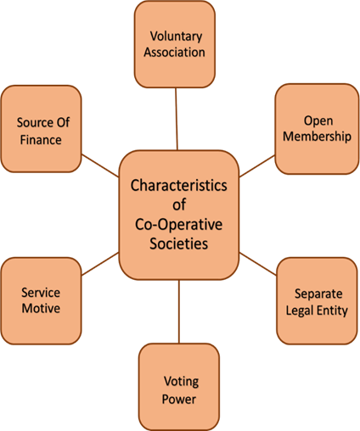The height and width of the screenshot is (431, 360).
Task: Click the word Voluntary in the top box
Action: pyautogui.click(x=176, y=36)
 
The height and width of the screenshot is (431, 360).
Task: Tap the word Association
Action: pyautogui.click(x=174, y=53)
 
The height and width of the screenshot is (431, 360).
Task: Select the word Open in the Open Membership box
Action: pyautogui.click(x=318, y=121)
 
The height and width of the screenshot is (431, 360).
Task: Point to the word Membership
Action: pyautogui.click(x=317, y=136)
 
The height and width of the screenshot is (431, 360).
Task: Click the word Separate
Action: pyautogui.click(x=318, y=294)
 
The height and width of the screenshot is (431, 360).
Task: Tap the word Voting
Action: pyautogui.click(x=181, y=382)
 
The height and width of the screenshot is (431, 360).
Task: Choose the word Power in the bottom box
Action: pyautogui.click(x=179, y=400)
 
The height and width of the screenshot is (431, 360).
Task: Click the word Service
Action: pyautogui.click(x=41, y=293)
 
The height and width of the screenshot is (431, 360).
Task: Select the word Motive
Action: pyautogui.click(x=41, y=308)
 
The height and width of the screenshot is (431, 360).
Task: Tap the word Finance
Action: pyautogui.click(x=41, y=140)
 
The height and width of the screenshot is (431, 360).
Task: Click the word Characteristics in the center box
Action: pyautogui.click(x=178, y=186)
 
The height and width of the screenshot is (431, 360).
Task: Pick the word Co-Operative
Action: pyautogui.click(x=178, y=225)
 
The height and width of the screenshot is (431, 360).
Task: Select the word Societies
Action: pyautogui.click(x=179, y=243)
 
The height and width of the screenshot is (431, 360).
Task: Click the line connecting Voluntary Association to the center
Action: pyautogui.click(x=177, y=119)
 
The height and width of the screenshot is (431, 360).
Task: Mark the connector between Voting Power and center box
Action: pyautogui.click(x=179, y=311)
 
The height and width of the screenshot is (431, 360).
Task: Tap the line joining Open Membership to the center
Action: pyautogui.click(x=257, y=166)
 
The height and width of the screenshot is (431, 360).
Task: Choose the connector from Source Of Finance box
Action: pyautogui.click(x=100, y=165)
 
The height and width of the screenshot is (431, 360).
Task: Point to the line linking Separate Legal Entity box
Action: pyautogui.click(x=258, y=264)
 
